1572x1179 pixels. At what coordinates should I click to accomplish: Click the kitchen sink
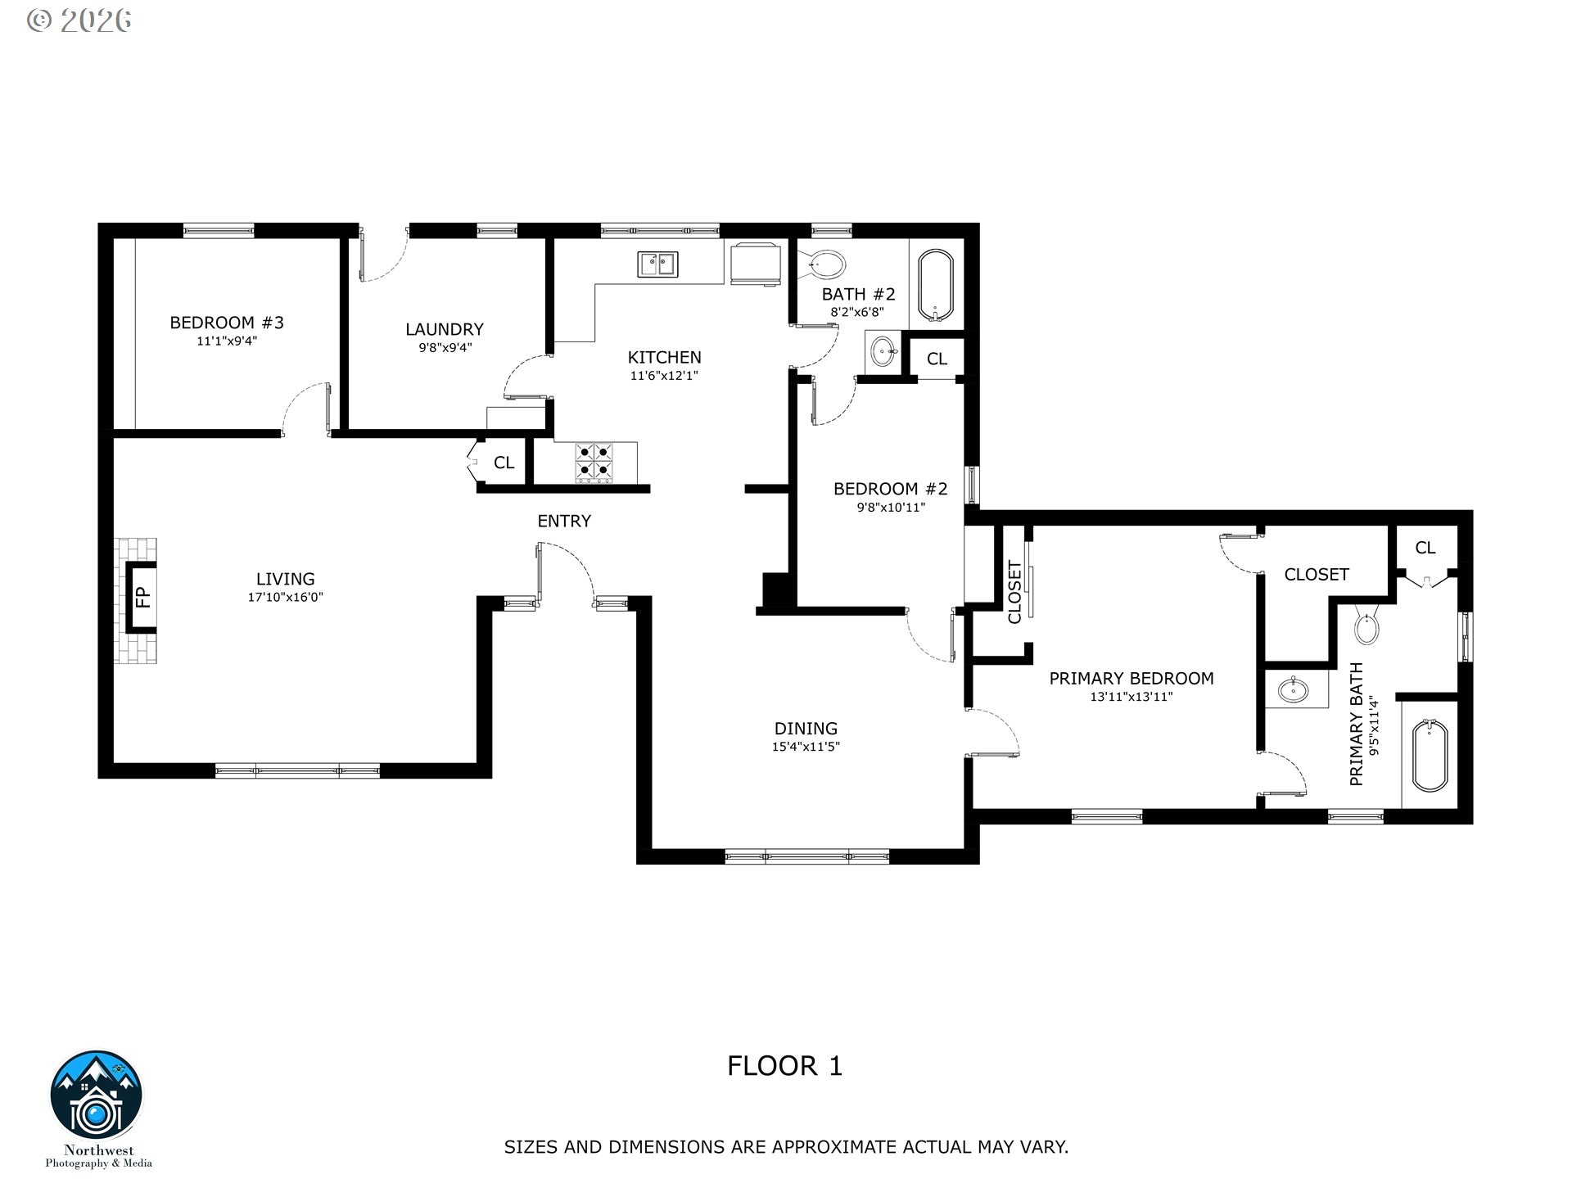657,264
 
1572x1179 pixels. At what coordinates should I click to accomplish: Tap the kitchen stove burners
594,462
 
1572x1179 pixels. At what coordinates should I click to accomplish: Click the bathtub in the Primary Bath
1430,755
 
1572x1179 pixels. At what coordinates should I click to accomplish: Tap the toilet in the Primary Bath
1367,626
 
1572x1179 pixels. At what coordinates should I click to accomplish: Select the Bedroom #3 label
227,323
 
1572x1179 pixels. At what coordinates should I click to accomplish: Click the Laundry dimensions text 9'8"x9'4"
445,347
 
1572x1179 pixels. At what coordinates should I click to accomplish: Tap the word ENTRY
564,521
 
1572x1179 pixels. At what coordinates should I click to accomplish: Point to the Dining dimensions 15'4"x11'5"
806,747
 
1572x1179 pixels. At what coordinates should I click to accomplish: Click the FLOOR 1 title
784,1066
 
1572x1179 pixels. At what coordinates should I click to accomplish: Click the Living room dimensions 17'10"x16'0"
286,598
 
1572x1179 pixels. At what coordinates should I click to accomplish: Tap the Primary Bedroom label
1132,678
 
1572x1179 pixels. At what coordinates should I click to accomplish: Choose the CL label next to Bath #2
937,359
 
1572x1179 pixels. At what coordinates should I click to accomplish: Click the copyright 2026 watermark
79,20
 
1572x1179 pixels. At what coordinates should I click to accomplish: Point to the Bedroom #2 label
890,489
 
